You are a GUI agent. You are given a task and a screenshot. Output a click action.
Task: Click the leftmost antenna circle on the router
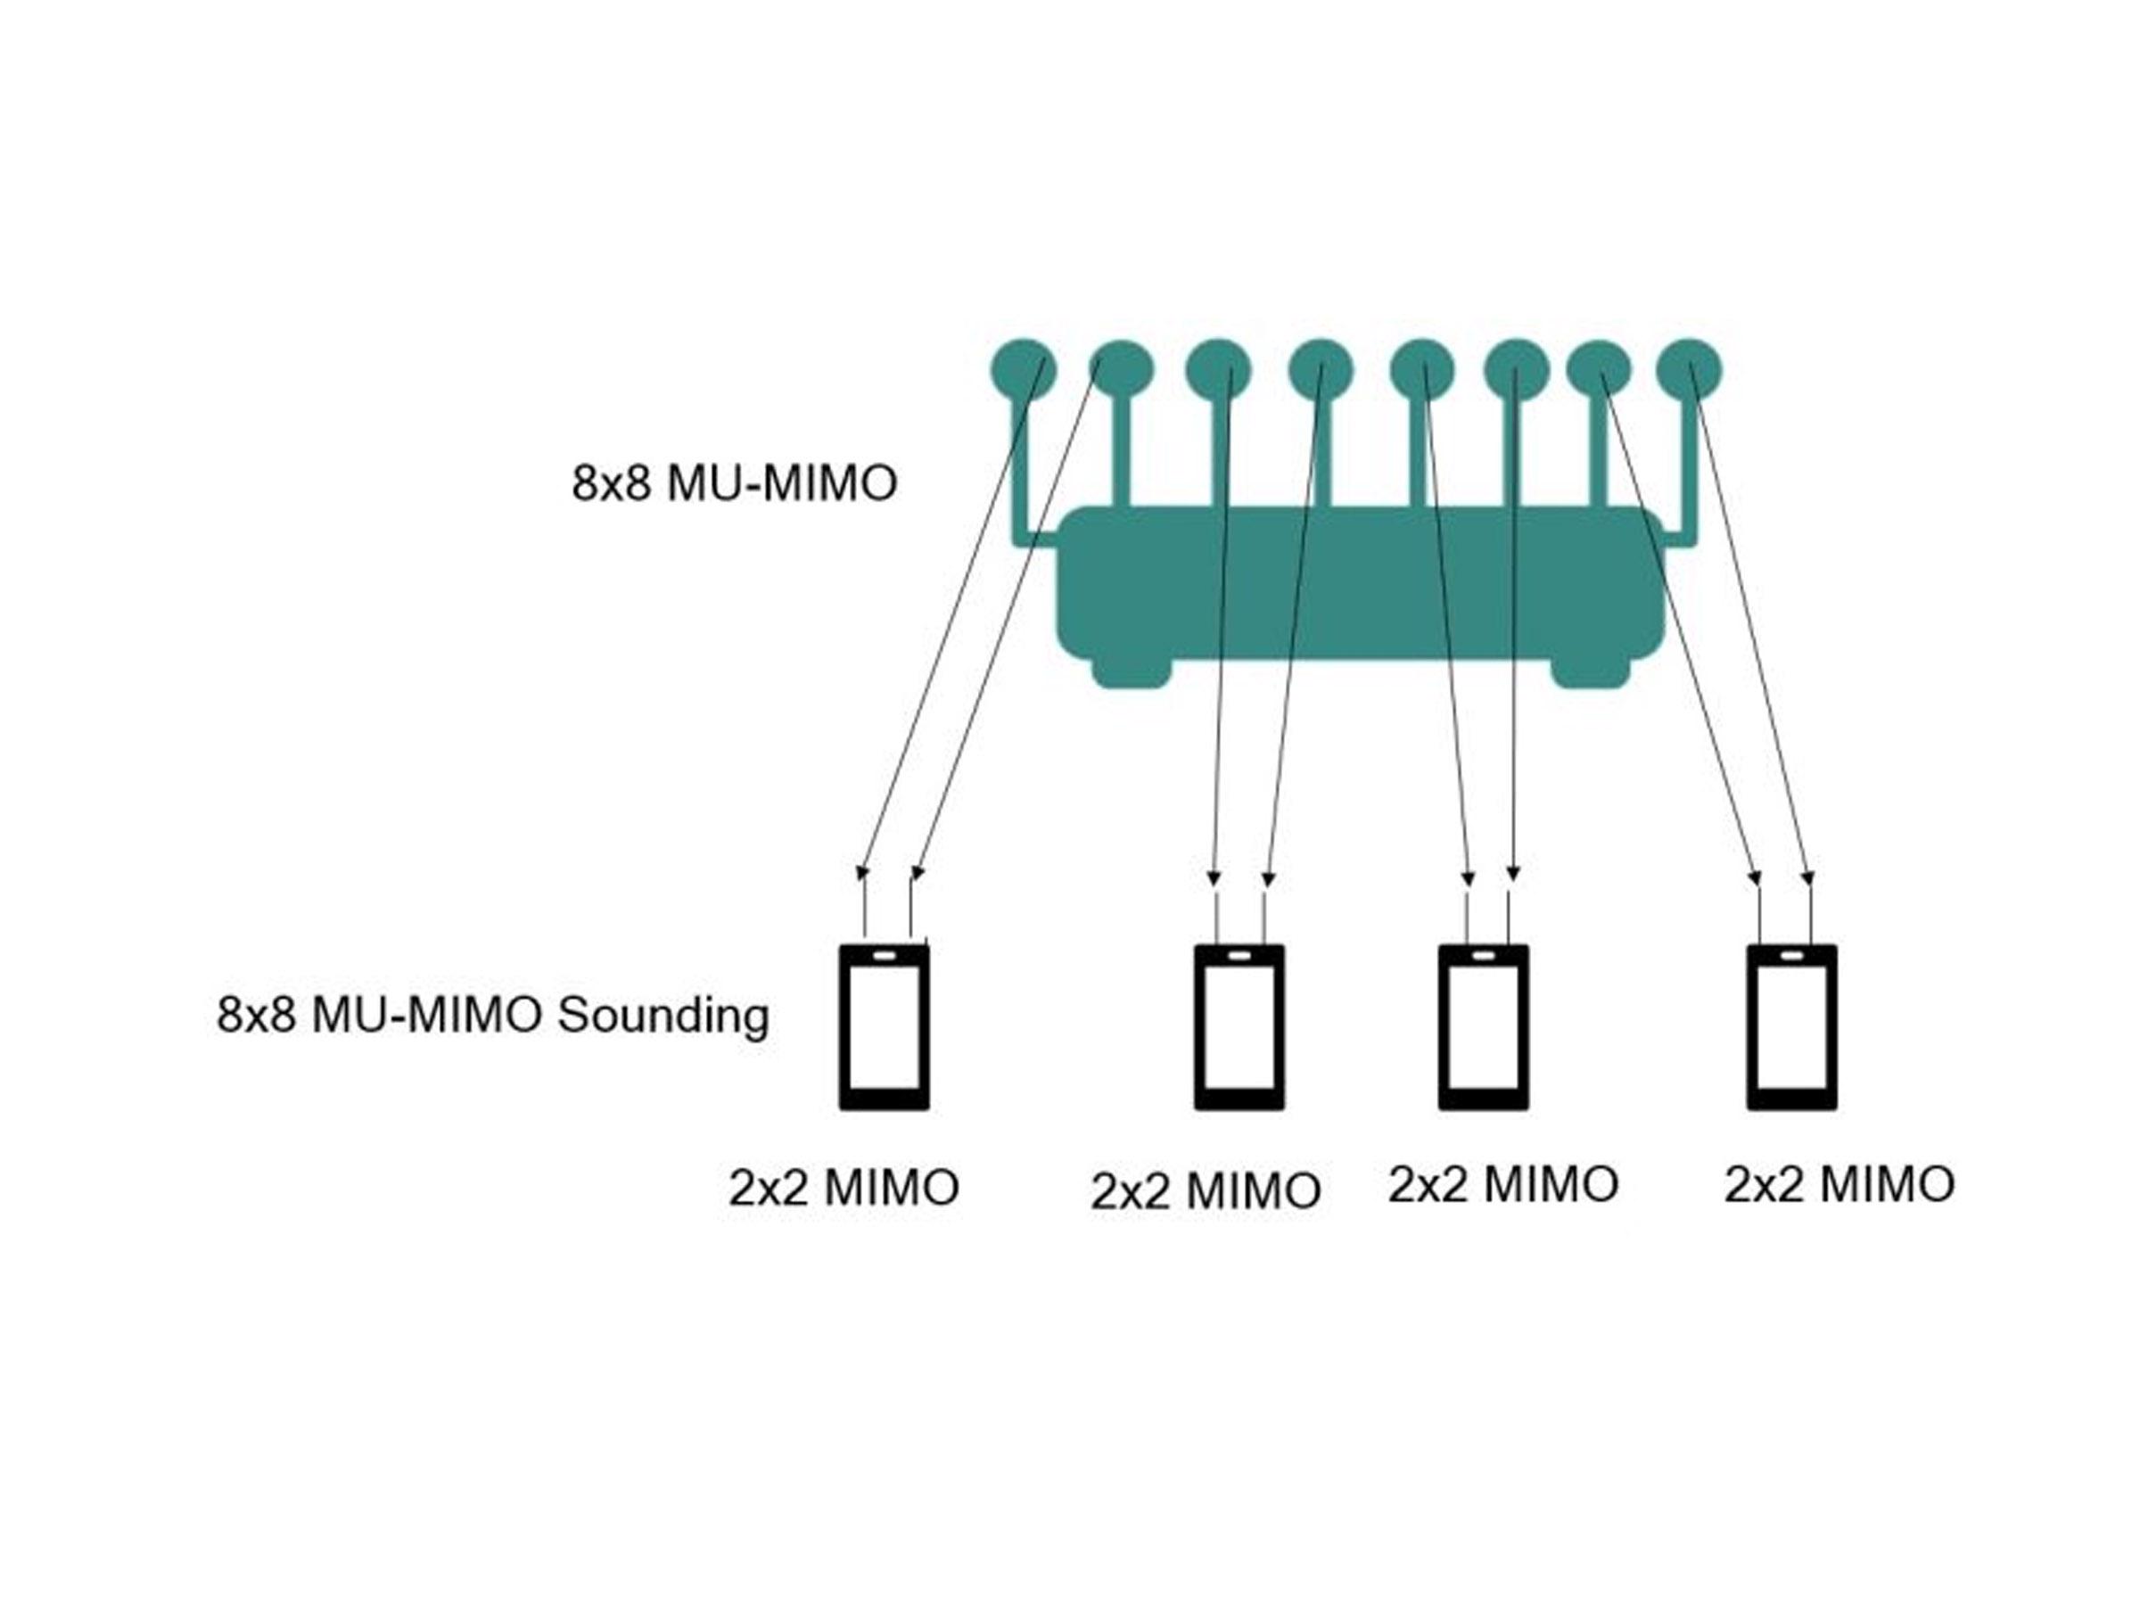click(1023, 369)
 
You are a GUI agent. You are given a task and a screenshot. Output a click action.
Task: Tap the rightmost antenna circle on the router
click(1688, 368)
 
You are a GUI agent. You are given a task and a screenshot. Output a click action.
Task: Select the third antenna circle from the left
click(1219, 369)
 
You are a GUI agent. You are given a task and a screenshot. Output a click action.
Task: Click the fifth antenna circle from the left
click(1421, 369)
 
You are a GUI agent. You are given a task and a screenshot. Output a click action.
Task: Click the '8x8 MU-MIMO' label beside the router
click(735, 483)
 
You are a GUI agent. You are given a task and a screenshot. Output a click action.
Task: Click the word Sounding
click(663, 1016)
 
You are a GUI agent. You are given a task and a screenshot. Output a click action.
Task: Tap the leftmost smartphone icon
click(884, 1027)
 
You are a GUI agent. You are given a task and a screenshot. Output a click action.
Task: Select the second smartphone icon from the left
click(1239, 1027)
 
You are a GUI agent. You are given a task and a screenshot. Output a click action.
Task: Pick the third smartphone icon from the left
click(1483, 1027)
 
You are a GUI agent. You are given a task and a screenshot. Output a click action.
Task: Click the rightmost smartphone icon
click(1791, 1027)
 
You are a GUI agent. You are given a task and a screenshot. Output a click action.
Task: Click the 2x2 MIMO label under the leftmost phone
click(844, 1188)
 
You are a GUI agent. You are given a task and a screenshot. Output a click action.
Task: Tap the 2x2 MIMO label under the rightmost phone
click(1840, 1184)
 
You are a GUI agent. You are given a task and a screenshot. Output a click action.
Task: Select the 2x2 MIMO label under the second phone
click(1206, 1191)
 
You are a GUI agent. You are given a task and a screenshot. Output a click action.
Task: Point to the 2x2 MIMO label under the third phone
click(1503, 1184)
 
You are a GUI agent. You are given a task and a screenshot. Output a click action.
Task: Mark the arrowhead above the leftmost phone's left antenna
click(863, 873)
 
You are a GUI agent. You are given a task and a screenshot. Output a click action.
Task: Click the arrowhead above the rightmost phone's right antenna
click(1807, 878)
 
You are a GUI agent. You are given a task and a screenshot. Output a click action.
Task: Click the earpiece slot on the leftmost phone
click(884, 955)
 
